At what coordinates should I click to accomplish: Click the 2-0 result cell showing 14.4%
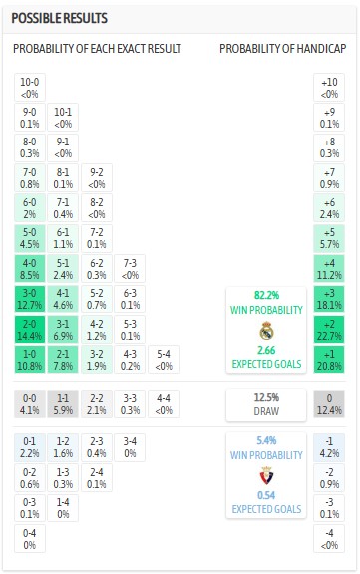[31, 330]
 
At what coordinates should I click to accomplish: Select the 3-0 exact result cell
[31, 300]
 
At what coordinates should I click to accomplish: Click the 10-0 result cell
[31, 88]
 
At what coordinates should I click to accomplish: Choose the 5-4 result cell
[165, 359]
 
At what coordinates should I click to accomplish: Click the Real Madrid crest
[265, 332]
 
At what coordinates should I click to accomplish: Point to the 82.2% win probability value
[265, 295]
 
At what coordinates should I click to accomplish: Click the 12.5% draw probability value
[265, 396]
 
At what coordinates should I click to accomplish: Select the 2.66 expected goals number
[265, 351]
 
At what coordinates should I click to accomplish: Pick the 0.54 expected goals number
[265, 495]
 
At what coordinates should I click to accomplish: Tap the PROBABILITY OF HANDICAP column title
[281, 50]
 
